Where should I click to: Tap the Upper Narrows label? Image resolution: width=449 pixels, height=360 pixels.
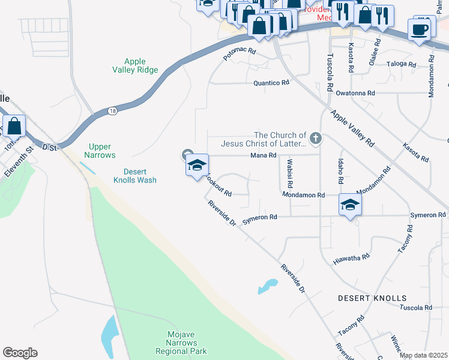(100, 151)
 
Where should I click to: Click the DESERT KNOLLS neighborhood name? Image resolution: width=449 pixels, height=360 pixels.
(372, 298)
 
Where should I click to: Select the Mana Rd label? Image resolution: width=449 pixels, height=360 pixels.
(264, 155)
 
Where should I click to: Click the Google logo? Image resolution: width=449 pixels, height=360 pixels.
(20, 353)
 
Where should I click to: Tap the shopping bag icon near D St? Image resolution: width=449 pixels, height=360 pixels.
(14, 127)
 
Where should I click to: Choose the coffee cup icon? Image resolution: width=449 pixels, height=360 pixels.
(420, 29)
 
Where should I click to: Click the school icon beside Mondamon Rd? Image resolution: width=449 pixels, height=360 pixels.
(351, 205)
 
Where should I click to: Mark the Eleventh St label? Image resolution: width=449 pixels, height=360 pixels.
(16, 163)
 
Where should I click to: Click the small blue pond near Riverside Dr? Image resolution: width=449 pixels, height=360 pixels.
(268, 286)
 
